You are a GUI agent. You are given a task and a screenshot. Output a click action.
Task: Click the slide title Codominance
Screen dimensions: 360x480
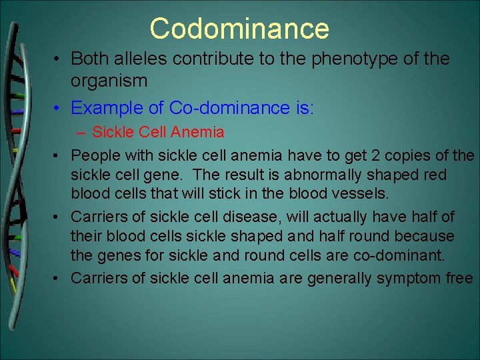239,29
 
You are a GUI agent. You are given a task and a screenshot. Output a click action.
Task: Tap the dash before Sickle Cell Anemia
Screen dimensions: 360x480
83,132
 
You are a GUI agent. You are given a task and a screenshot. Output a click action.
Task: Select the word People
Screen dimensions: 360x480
95,156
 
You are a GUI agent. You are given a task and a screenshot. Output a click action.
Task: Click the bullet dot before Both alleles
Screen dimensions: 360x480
59,59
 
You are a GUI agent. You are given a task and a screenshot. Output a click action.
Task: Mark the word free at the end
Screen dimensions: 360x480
459,278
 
